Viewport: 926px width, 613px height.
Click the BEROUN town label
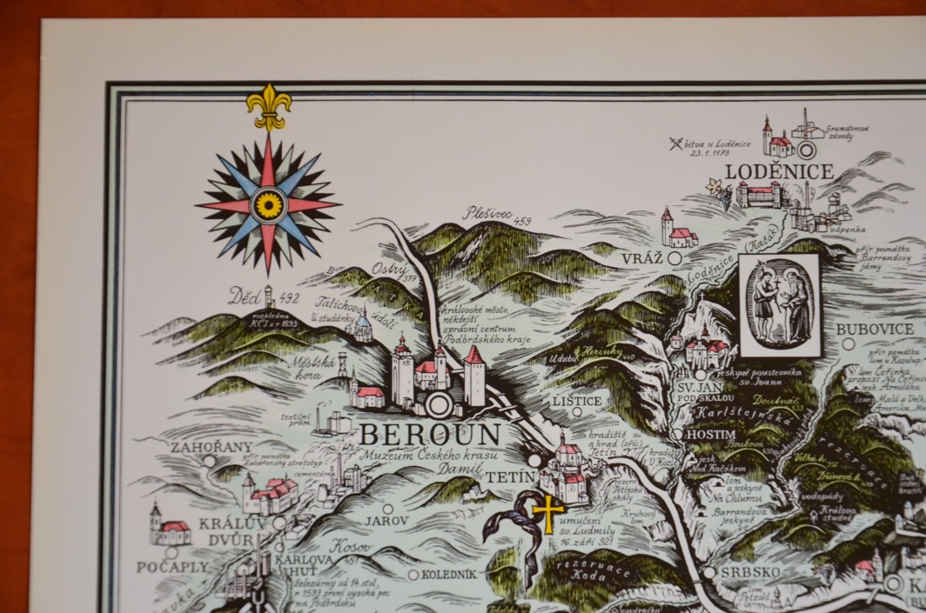(430, 433)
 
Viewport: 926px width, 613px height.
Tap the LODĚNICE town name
(779, 171)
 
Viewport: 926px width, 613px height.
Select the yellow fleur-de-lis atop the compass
(268, 104)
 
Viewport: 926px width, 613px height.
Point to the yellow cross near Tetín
(548, 513)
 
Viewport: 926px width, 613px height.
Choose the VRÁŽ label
(642, 258)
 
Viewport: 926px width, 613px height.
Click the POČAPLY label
(172, 566)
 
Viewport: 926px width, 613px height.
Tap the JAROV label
(386, 522)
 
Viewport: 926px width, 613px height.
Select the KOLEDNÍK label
(449, 574)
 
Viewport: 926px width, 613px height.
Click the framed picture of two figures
(779, 304)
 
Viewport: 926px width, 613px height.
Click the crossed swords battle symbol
(676, 143)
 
